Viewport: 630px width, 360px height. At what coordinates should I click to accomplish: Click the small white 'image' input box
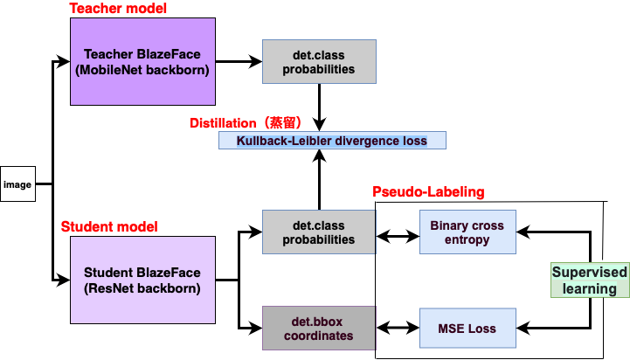[17, 184]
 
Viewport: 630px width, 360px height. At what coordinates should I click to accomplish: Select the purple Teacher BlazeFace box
[142, 61]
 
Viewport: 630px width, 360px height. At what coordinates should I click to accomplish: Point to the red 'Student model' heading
[109, 226]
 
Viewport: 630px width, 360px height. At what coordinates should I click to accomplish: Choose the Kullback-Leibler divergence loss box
[332, 140]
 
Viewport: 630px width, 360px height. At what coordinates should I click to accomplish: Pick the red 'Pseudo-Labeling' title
[428, 191]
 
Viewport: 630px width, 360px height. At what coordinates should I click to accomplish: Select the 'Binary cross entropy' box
[467, 232]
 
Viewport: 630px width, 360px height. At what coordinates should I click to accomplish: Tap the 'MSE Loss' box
[467, 329]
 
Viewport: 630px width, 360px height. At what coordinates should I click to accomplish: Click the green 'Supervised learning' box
[589, 280]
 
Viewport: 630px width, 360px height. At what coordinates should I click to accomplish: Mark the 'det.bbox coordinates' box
[319, 329]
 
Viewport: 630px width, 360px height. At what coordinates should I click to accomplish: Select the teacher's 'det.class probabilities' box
[319, 61]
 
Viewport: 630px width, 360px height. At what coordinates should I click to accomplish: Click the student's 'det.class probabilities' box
[319, 232]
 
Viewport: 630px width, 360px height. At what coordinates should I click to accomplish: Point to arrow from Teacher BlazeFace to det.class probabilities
[238, 61]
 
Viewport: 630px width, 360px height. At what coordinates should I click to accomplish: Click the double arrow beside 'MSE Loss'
[398, 329]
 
